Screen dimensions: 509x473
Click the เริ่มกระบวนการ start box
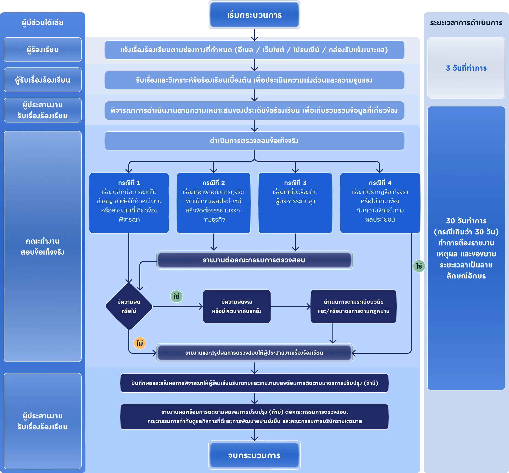click(254, 15)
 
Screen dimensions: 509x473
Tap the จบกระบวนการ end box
click(254, 455)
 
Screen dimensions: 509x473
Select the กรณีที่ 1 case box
click(129, 203)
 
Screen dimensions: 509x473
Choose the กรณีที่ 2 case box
click(214, 203)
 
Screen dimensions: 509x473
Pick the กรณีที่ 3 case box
click(295, 203)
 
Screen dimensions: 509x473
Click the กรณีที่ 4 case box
click(380, 203)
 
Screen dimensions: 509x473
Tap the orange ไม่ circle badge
click(140, 343)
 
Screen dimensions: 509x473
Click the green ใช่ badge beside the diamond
click(177, 296)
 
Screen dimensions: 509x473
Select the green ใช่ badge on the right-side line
click(419, 266)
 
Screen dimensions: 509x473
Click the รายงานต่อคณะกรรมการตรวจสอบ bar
click(254, 260)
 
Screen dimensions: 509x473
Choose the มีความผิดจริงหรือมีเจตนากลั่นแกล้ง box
click(237, 306)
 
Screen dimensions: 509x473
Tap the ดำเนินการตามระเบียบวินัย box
click(354, 306)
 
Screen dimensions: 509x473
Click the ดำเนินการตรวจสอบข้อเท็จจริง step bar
click(254, 141)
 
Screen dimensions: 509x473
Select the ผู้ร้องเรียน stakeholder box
click(42, 50)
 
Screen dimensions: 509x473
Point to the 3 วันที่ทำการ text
click(466, 68)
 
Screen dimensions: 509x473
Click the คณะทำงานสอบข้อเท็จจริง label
click(42, 247)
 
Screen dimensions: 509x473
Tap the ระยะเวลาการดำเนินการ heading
click(466, 23)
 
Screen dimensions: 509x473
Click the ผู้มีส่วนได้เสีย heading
click(42, 23)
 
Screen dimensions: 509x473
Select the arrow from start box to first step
click(254, 35)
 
